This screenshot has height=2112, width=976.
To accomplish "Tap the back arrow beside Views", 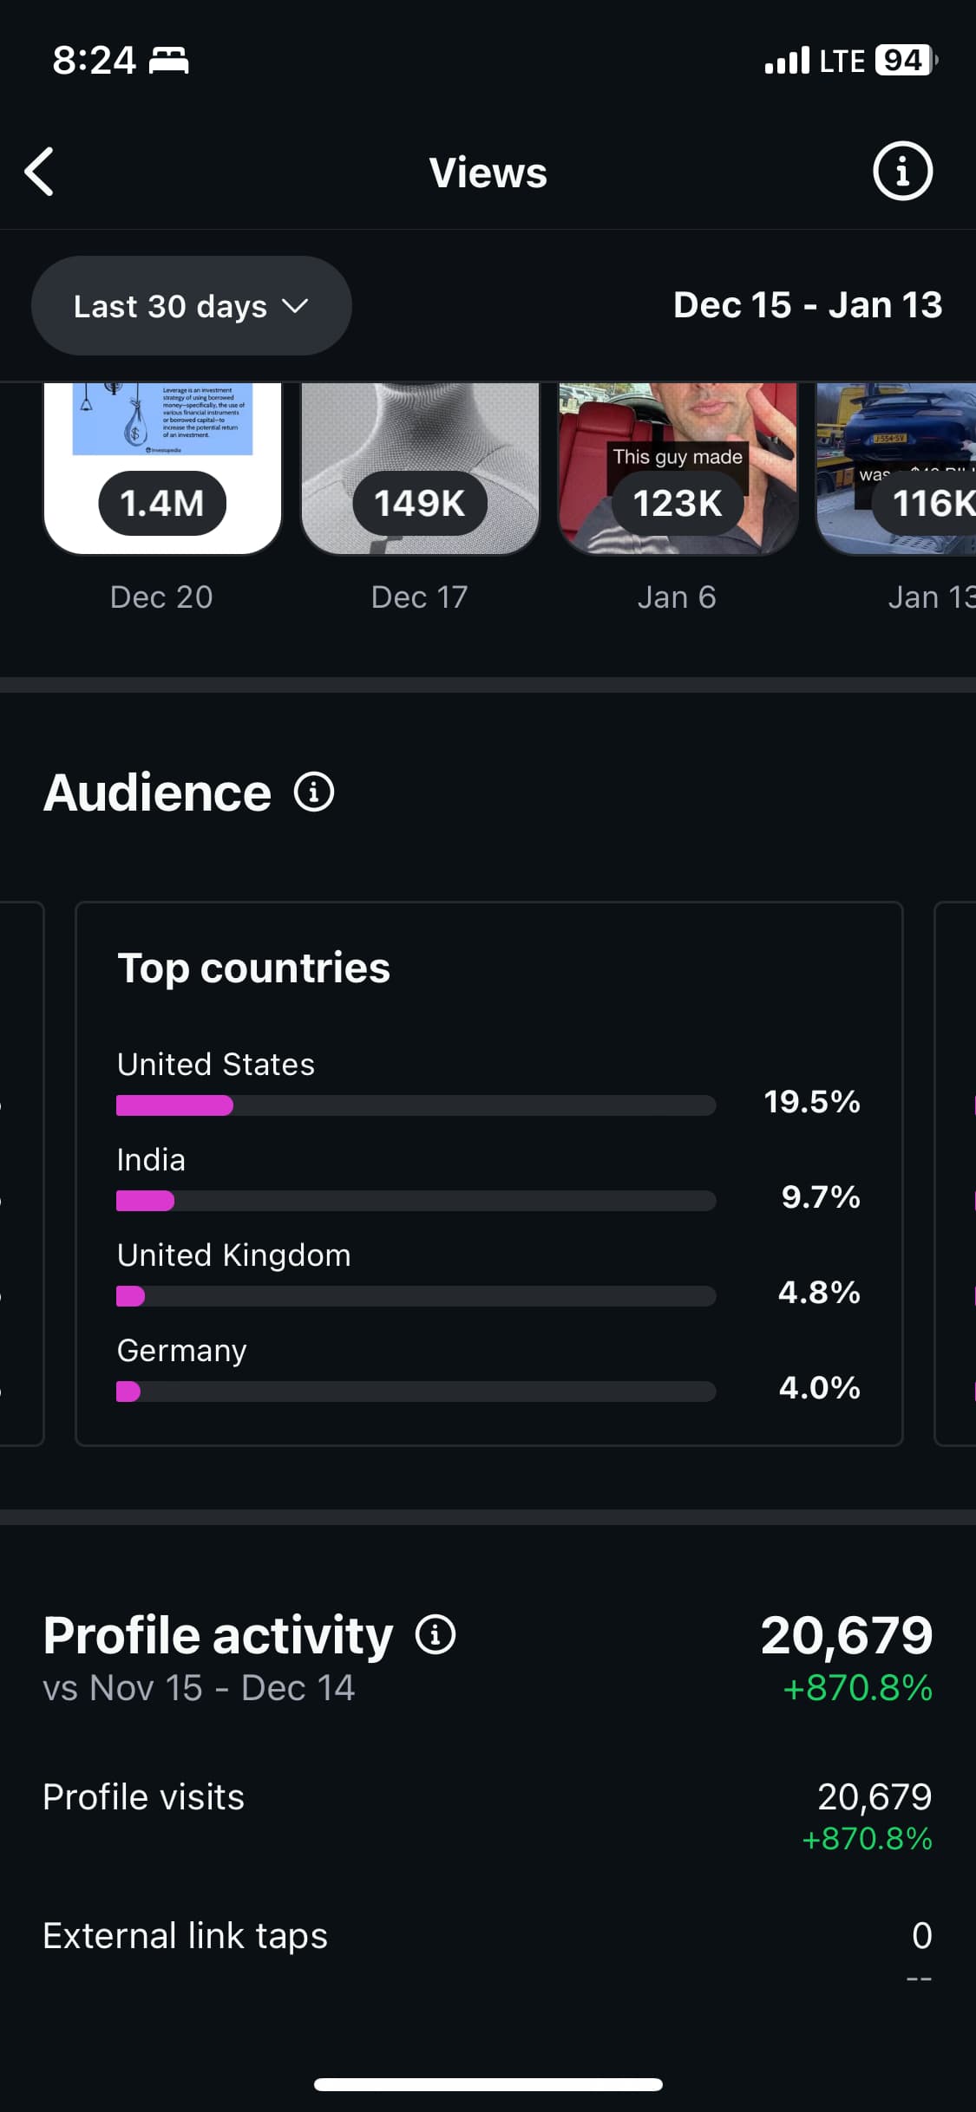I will (x=40, y=172).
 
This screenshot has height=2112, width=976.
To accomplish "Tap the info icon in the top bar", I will (x=902, y=172).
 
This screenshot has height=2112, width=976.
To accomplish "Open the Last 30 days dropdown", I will (x=191, y=306).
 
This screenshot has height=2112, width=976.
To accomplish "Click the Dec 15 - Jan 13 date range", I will (x=808, y=305).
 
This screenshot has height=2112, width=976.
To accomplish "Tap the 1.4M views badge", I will (x=162, y=503).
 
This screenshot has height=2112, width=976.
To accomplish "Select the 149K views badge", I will (x=420, y=503).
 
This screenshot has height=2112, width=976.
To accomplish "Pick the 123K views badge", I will (x=678, y=503).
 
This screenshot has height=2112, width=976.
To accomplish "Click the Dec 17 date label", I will (x=420, y=597).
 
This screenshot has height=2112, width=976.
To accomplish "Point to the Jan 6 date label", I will (x=677, y=597).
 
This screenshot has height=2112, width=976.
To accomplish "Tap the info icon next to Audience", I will (x=314, y=792).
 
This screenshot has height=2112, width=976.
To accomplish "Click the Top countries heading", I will (x=253, y=968).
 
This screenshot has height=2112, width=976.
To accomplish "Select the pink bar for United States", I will (x=174, y=1105).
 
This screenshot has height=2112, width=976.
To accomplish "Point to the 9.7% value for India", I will (x=821, y=1197).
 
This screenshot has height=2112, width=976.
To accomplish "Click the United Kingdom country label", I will (x=234, y=1255).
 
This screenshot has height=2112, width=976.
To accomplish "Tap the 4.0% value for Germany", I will (x=820, y=1388).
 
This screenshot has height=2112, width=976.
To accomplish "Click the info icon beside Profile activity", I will (x=436, y=1635).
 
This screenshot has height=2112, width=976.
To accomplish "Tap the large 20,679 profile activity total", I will (x=847, y=1635).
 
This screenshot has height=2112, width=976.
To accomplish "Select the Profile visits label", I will (x=144, y=1797).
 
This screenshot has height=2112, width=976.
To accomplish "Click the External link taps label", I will (x=186, y=1936).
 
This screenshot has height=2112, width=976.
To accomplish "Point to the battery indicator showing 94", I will (x=904, y=61).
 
